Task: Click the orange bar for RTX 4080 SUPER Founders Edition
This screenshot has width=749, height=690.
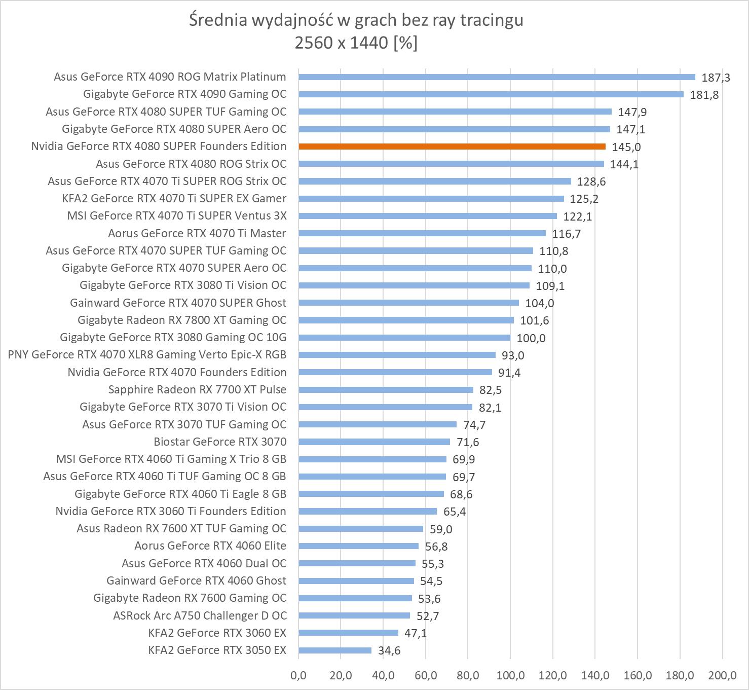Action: point(452,147)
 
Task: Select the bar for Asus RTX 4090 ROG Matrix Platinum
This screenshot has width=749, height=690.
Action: point(497,77)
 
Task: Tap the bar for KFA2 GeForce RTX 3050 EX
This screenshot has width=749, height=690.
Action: point(335,650)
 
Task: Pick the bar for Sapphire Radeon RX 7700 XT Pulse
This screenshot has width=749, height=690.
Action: point(386,390)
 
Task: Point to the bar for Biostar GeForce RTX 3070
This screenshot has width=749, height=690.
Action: point(374,442)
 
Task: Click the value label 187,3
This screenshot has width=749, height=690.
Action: point(716,78)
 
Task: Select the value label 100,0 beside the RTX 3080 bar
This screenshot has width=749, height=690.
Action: point(531,338)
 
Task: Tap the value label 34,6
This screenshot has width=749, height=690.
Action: point(389,650)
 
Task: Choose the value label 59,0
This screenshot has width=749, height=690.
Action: point(441,529)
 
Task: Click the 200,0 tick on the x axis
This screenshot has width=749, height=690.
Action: point(722,675)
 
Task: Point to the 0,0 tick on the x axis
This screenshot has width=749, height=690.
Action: point(298,675)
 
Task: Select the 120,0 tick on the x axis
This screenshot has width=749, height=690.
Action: point(552,675)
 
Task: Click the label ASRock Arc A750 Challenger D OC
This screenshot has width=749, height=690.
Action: point(200,615)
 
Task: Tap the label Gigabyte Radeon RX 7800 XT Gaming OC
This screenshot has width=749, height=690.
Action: point(182,320)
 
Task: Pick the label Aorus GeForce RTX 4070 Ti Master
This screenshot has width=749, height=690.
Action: point(197,233)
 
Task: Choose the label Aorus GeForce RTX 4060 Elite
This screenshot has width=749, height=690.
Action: point(210,546)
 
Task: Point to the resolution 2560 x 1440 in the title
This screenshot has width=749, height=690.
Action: point(342,43)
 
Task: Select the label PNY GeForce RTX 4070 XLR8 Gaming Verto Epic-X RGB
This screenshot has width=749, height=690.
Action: point(147,354)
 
